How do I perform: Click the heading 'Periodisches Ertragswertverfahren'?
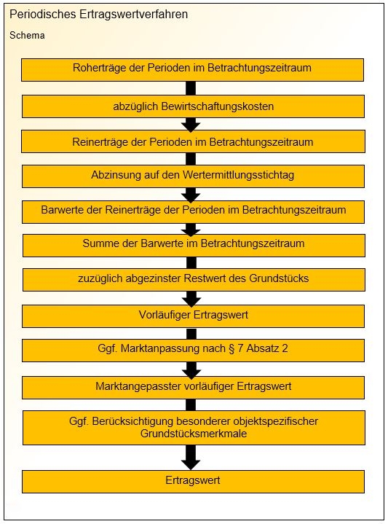click(x=98, y=15)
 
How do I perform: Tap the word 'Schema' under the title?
click(x=27, y=36)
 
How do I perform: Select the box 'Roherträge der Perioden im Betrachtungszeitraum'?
click(x=192, y=70)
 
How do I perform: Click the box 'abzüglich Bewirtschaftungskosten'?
click(x=193, y=106)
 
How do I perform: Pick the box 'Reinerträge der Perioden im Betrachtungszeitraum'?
click(x=193, y=141)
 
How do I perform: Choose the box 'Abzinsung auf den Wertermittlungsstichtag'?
click(x=193, y=176)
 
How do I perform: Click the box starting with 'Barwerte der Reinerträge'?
click(x=193, y=212)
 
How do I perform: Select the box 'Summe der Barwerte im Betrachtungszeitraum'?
click(x=194, y=246)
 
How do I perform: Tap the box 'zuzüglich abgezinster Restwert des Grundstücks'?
click(x=194, y=280)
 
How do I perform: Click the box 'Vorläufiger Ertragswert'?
click(x=193, y=316)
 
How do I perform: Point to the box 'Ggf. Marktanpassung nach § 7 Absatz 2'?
click(x=193, y=351)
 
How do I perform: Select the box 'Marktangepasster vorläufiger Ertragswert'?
click(x=193, y=388)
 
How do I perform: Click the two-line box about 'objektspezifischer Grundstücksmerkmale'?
click(x=194, y=428)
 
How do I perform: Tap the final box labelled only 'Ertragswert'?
click(x=193, y=482)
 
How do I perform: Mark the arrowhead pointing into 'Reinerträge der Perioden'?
click(x=191, y=126)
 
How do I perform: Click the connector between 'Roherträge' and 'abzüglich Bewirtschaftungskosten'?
click(x=191, y=88)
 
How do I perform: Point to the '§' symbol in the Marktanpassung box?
click(x=231, y=348)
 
